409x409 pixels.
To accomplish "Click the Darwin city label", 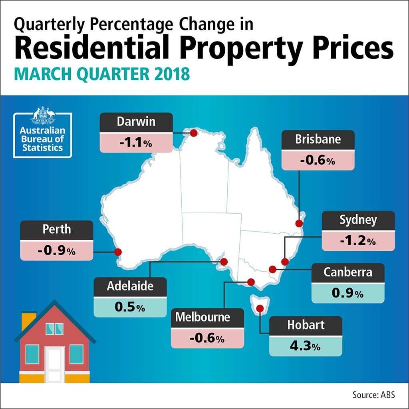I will (136, 122).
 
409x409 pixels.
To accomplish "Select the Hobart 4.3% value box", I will (306, 346).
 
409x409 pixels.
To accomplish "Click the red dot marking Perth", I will (118, 252).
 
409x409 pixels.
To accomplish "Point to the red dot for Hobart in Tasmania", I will (260, 308).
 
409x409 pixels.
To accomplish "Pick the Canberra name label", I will (347, 272).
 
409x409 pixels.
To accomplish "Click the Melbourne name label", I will (203, 317).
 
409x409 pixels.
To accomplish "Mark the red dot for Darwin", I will (193, 133).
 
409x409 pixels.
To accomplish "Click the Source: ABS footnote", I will (373, 395).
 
